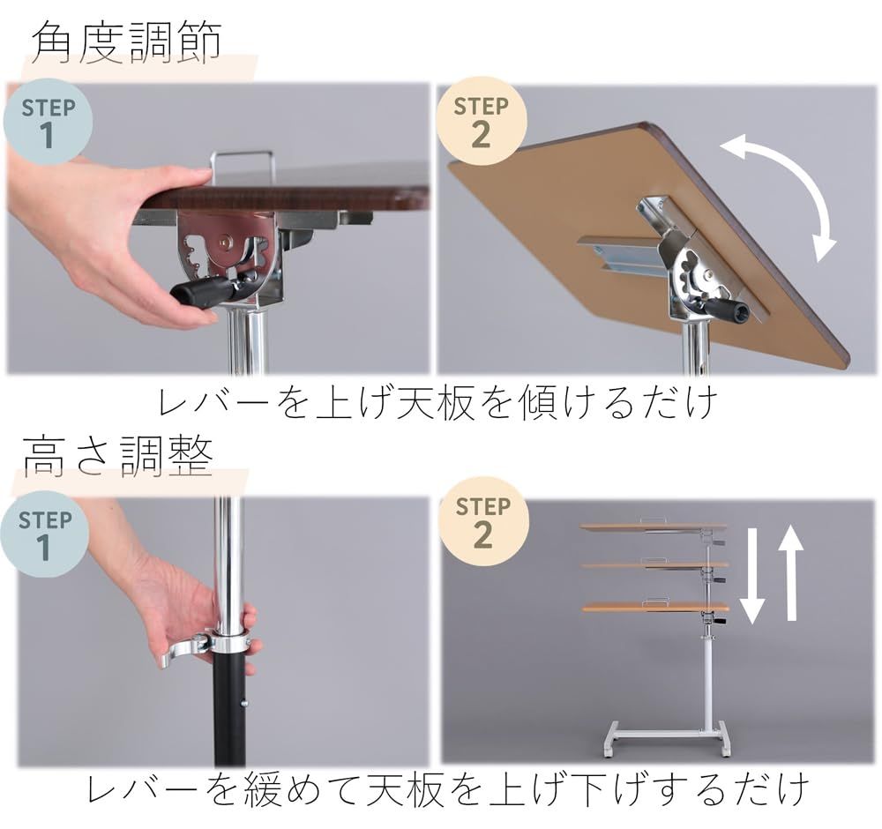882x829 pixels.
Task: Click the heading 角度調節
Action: pyautogui.click(x=126, y=42)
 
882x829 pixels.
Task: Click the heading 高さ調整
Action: pyautogui.click(x=118, y=456)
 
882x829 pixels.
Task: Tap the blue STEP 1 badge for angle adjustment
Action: pyautogui.click(x=48, y=122)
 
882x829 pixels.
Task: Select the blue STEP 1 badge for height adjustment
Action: pyautogui.click(x=45, y=534)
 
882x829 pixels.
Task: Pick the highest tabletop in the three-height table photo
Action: pyautogui.click(x=653, y=527)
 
